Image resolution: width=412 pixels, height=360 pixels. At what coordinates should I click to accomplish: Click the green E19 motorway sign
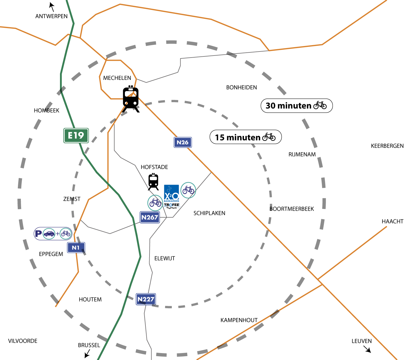[x=76, y=135]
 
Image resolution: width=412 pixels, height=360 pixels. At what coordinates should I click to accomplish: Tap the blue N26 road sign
[x=183, y=142]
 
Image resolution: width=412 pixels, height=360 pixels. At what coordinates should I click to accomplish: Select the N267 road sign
[x=150, y=217]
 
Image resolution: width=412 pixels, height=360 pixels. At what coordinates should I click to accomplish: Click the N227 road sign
[x=146, y=299]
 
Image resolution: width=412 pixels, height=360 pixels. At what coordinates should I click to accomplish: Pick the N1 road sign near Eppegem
[x=76, y=248]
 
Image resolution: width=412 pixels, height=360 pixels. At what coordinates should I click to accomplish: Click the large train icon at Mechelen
[x=131, y=99]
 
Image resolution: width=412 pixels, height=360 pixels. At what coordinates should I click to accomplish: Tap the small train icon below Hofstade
[x=153, y=182]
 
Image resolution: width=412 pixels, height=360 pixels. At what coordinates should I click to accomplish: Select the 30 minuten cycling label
[x=296, y=106]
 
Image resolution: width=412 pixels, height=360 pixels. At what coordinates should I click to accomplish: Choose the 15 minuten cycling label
[x=245, y=137]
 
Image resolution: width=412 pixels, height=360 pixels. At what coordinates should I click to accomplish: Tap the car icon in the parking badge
[x=49, y=234]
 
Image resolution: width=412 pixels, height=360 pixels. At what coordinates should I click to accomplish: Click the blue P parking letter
[x=38, y=233]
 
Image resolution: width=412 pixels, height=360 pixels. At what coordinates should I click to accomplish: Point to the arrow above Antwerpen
[x=52, y=6]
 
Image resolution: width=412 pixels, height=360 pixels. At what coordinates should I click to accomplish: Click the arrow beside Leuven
[x=367, y=349]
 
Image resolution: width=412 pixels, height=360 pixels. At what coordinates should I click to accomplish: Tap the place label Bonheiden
[x=241, y=87]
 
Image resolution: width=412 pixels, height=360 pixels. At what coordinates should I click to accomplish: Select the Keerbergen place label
[x=387, y=146]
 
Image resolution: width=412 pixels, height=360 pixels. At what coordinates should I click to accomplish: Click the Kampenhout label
[x=239, y=320]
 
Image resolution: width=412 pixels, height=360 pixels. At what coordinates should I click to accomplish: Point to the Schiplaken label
[x=209, y=213]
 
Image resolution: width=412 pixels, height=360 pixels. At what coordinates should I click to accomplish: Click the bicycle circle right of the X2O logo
[x=188, y=190]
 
